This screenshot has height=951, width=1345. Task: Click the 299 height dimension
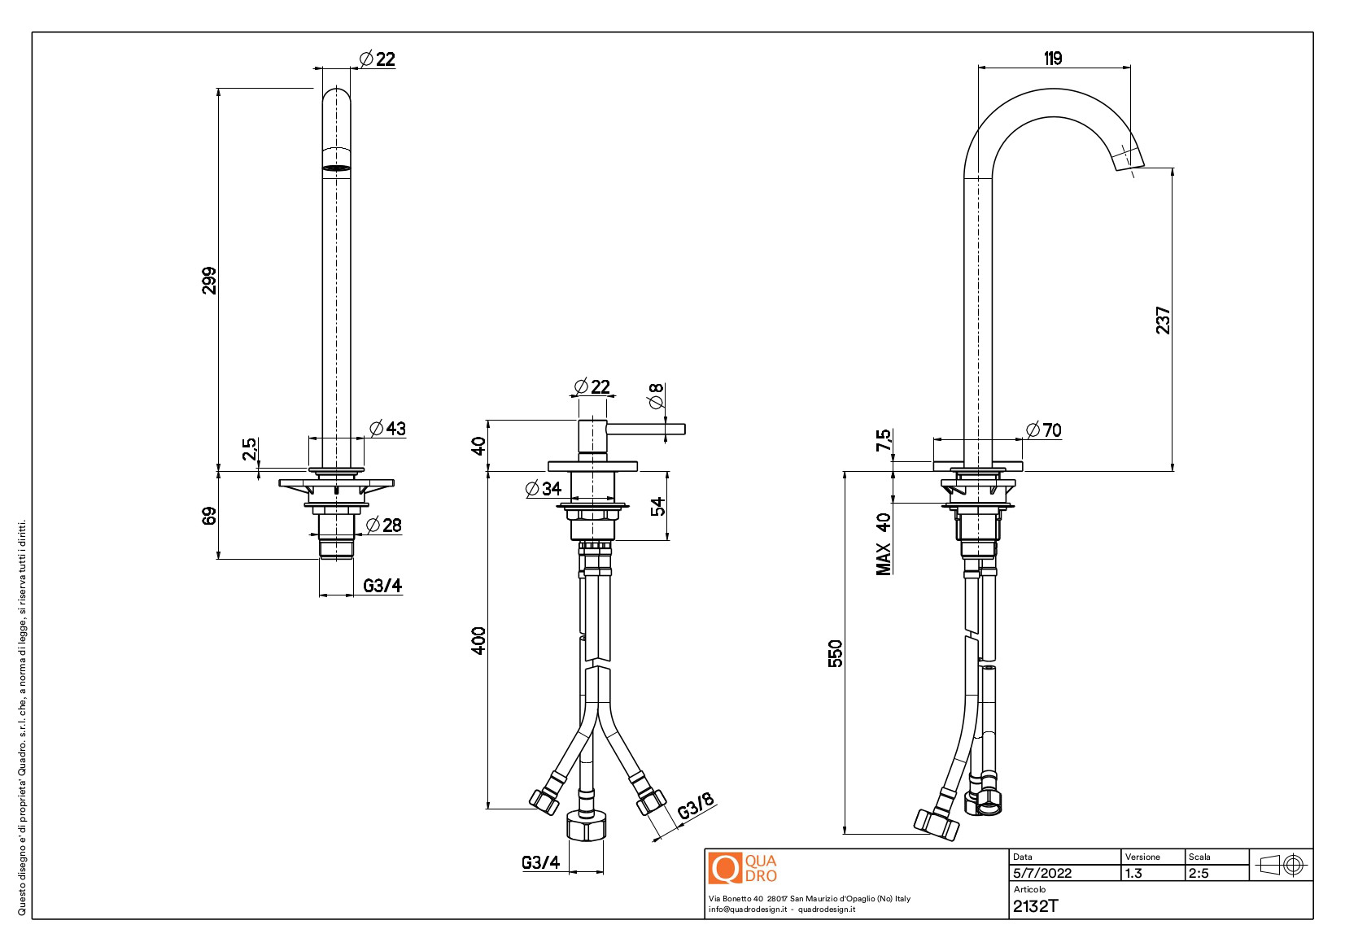click(x=209, y=281)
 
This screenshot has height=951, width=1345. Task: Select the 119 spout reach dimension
click(x=1053, y=59)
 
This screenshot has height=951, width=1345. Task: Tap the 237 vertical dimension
click(x=1163, y=320)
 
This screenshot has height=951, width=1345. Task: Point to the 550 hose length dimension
click(x=835, y=653)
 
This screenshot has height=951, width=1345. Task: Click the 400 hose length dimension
click(x=478, y=640)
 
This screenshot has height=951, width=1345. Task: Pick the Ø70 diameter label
click(x=1044, y=430)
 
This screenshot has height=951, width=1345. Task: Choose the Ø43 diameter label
click(x=387, y=428)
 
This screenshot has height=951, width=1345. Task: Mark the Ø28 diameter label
click(x=384, y=526)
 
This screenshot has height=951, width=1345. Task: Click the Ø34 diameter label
click(x=544, y=489)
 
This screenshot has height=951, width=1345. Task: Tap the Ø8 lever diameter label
click(x=657, y=395)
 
